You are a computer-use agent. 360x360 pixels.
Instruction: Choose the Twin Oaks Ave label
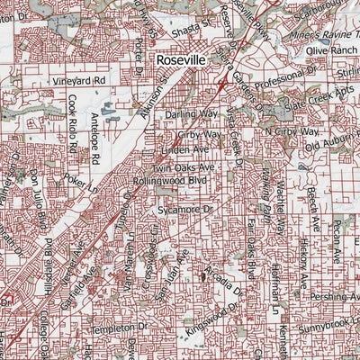click(183, 167)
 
